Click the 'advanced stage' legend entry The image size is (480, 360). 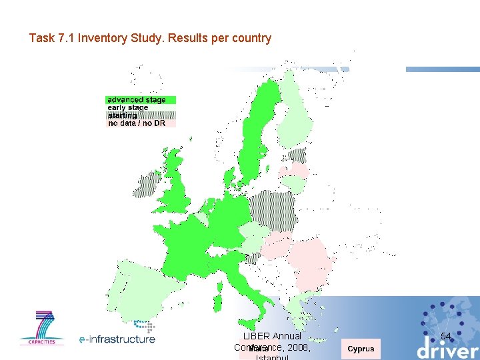pyautogui.click(x=137, y=100)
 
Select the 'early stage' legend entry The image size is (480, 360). pyautogui.click(x=128, y=107)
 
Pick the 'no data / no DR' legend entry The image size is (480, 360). pyautogui.click(x=137, y=123)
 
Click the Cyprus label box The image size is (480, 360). pyautogui.click(x=361, y=349)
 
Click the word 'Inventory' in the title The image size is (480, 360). pyautogui.click(x=99, y=38)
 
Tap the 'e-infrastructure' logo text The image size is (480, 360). pyautogui.click(x=117, y=339)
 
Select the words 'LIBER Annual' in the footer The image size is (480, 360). pyautogui.click(x=273, y=336)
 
